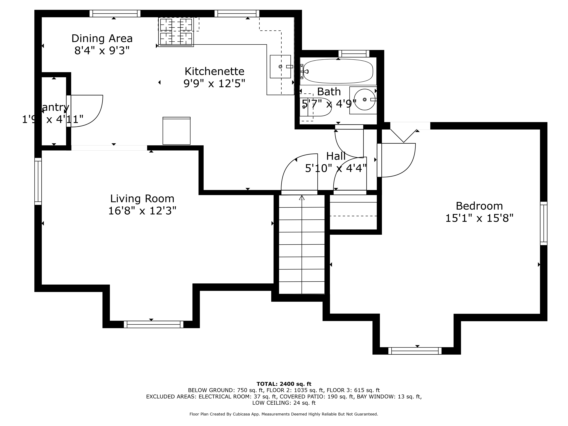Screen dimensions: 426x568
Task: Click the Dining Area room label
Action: coord(102,38)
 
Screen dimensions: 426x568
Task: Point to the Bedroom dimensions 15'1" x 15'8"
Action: coord(479,218)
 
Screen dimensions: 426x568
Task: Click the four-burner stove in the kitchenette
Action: coord(176,32)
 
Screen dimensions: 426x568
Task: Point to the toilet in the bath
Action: coord(316,107)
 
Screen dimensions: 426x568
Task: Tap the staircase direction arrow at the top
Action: coord(302,198)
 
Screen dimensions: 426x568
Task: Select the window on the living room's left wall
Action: coord(38,181)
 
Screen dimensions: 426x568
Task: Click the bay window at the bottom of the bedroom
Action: coord(415,351)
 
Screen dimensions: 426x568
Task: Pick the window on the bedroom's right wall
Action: coord(544,223)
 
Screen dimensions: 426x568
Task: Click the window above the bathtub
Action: coord(354,54)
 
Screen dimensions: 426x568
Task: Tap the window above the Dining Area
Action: coord(115,13)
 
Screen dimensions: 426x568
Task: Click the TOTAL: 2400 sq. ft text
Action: coord(284,384)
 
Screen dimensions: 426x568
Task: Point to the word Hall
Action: coord(336,156)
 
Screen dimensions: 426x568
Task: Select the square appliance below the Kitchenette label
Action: coord(176,131)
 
